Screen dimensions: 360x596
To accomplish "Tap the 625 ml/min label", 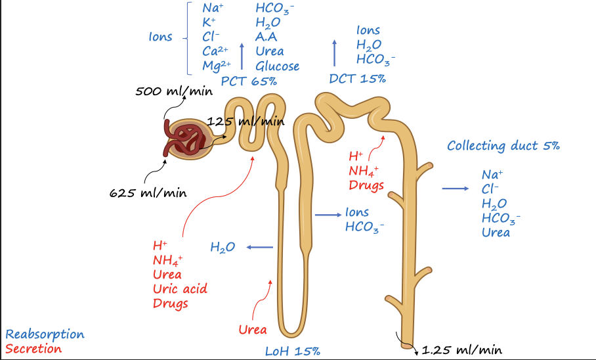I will [148, 193].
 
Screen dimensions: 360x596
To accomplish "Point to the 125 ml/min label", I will [245, 121].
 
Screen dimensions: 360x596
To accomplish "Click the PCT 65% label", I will [249, 81].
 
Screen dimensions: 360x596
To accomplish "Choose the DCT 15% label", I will [357, 78].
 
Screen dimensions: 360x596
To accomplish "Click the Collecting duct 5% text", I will [503, 146].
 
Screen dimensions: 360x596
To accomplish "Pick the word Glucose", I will [277, 66].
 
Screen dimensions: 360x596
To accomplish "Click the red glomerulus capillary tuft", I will [188, 139].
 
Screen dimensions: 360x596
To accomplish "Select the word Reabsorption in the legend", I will [45, 334].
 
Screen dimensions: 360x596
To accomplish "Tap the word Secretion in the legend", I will [33, 349].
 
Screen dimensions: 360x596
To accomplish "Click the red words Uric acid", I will [180, 289].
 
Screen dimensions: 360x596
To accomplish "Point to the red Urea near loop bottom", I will [252, 329].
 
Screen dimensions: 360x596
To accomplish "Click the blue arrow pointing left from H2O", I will [260, 247].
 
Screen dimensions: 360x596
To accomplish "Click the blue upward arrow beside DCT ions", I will [335, 51].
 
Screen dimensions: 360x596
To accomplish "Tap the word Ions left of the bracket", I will [161, 37].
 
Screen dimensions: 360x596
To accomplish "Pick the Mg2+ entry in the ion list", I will [215, 66].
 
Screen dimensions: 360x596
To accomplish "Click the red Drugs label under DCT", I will [367, 185].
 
